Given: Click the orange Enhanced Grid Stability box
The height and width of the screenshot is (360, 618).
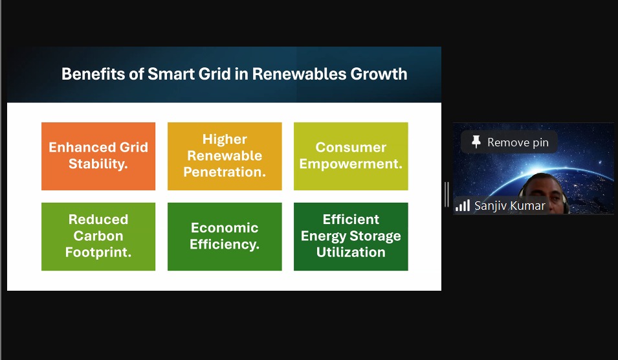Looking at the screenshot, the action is pyautogui.click(x=98, y=156).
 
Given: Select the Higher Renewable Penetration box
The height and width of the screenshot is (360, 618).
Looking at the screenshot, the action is pyautogui.click(x=225, y=156).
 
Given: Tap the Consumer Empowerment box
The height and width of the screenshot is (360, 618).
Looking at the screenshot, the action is pyautogui.click(x=351, y=156).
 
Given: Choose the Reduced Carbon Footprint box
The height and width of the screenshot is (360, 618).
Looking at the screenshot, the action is pyautogui.click(x=98, y=236).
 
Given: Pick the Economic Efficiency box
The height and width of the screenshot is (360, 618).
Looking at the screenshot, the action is pyautogui.click(x=225, y=236).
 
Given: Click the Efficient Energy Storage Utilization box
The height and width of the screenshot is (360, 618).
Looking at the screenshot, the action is pyautogui.click(x=351, y=236).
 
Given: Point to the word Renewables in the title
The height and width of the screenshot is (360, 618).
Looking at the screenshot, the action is pyautogui.click(x=299, y=74).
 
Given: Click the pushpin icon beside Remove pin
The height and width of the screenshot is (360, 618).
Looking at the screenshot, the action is pyautogui.click(x=476, y=142).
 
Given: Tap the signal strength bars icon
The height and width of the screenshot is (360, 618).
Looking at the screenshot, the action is pyautogui.click(x=463, y=205).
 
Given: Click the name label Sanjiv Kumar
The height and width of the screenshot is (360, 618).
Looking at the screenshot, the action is pyautogui.click(x=510, y=205).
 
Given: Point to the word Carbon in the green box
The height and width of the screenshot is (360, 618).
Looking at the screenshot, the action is pyautogui.click(x=98, y=236).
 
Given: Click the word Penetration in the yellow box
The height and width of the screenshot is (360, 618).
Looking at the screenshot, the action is pyautogui.click(x=225, y=172).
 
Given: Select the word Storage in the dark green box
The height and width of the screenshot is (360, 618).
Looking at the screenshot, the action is pyautogui.click(x=375, y=236).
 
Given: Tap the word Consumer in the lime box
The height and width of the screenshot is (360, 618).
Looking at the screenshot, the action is pyautogui.click(x=351, y=147).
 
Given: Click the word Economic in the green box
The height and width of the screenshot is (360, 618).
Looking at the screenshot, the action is pyautogui.click(x=225, y=227).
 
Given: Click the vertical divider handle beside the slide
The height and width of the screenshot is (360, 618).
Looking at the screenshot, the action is pyautogui.click(x=447, y=194).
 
